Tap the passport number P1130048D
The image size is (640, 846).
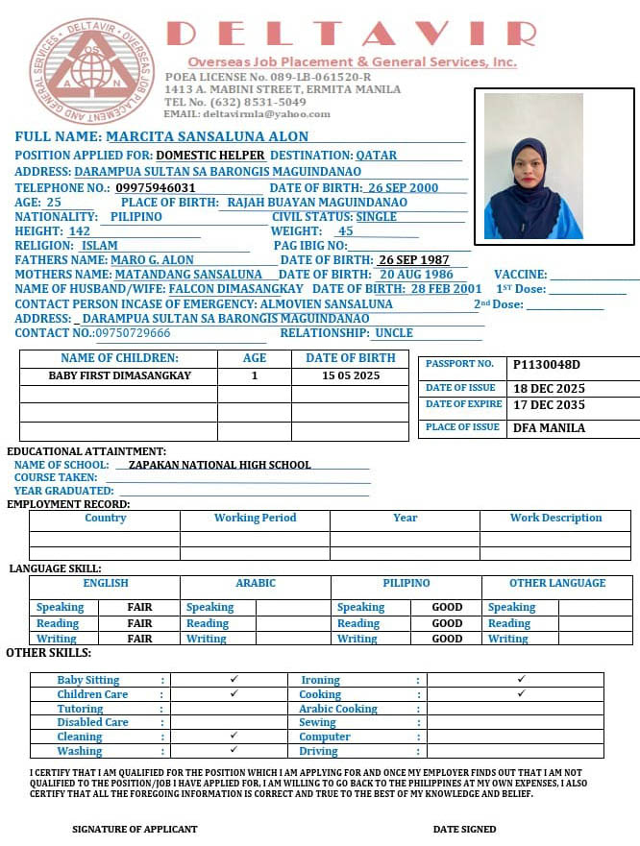coord(547,365)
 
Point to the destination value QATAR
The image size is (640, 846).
coord(376,155)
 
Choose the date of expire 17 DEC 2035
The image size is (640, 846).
coord(549,405)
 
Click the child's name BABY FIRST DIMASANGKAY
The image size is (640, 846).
coord(119,376)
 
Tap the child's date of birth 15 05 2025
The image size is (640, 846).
coord(351,376)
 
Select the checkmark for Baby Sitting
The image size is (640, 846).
coord(234,679)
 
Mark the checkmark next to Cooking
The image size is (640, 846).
coord(521,693)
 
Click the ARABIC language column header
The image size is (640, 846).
coord(256,583)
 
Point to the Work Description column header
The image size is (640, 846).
coord(555,518)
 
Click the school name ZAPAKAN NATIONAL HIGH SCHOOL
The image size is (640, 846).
coord(220,465)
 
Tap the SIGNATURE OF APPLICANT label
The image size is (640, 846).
coord(135,829)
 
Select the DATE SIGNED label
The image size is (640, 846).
coord(464,829)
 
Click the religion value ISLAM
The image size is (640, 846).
coord(100,246)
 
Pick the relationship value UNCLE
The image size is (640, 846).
coord(394,333)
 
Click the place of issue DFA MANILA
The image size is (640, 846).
coord(549,428)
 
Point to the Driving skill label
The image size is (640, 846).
coord(318,751)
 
